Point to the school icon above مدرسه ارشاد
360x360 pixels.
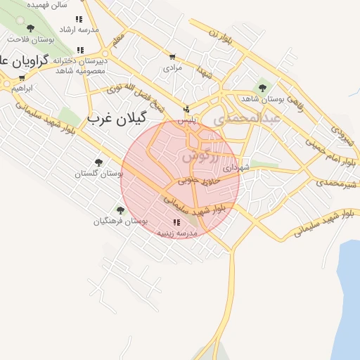pyautogui.click(x=79, y=20)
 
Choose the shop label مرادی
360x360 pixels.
pyautogui.click(x=173, y=68)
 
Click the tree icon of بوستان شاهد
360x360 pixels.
pyautogui.click(x=262, y=88)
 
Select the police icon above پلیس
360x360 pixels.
pyautogui.click(x=186, y=109)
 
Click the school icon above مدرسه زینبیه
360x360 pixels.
pyautogui.click(x=176, y=223)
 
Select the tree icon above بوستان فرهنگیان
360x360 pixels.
pyautogui.click(x=120, y=210)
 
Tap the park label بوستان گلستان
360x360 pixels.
pyautogui.click(x=98, y=173)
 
